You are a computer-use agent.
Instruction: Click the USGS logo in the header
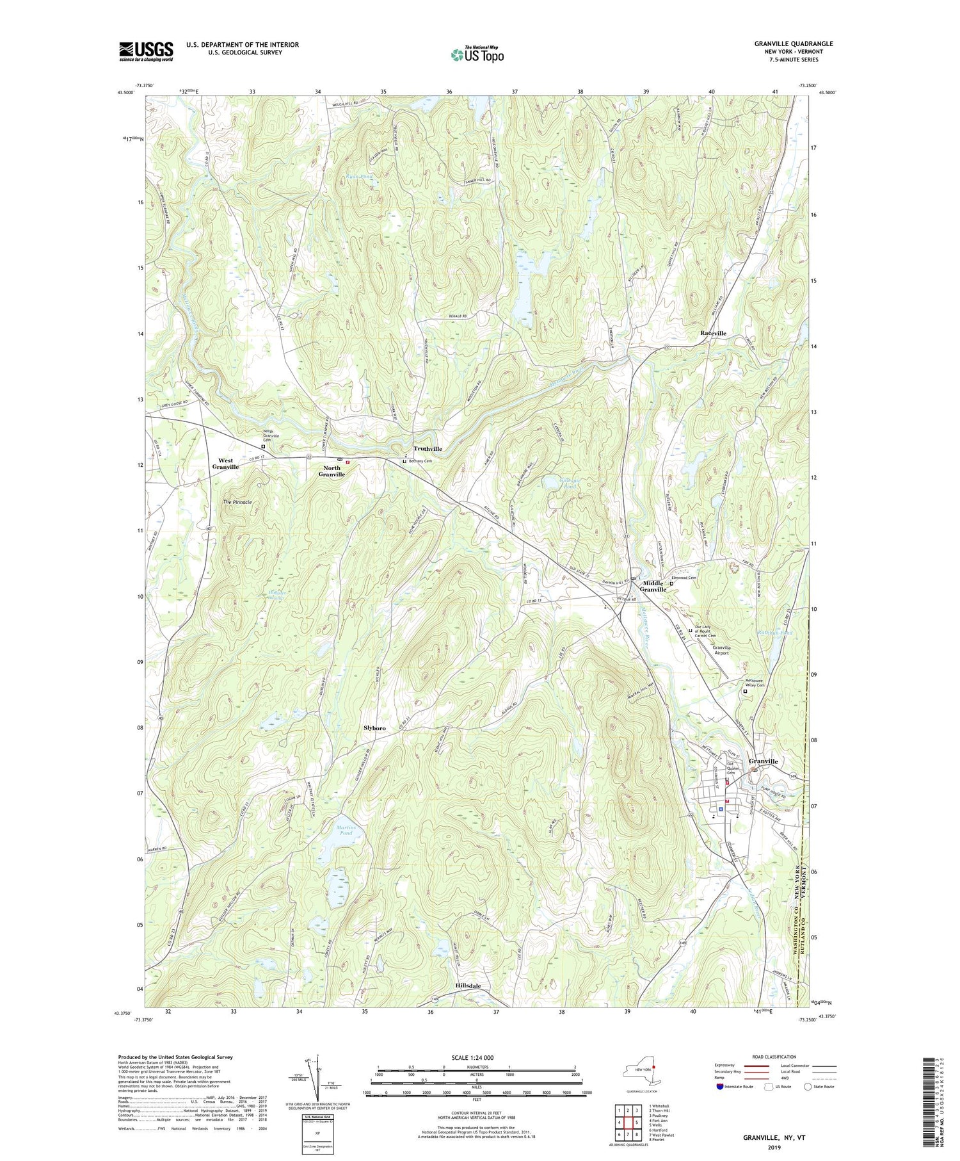tap(146, 51)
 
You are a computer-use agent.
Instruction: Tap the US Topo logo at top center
tap(476, 54)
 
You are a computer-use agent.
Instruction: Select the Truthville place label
tap(428, 448)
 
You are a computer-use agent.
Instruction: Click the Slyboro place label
tap(375, 728)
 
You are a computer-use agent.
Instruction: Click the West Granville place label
tap(225, 464)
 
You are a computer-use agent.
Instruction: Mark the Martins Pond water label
tap(345, 831)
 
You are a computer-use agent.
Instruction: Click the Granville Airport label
tap(725, 650)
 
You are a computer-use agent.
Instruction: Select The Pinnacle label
tap(237, 501)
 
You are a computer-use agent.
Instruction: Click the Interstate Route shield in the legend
tap(719, 1087)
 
